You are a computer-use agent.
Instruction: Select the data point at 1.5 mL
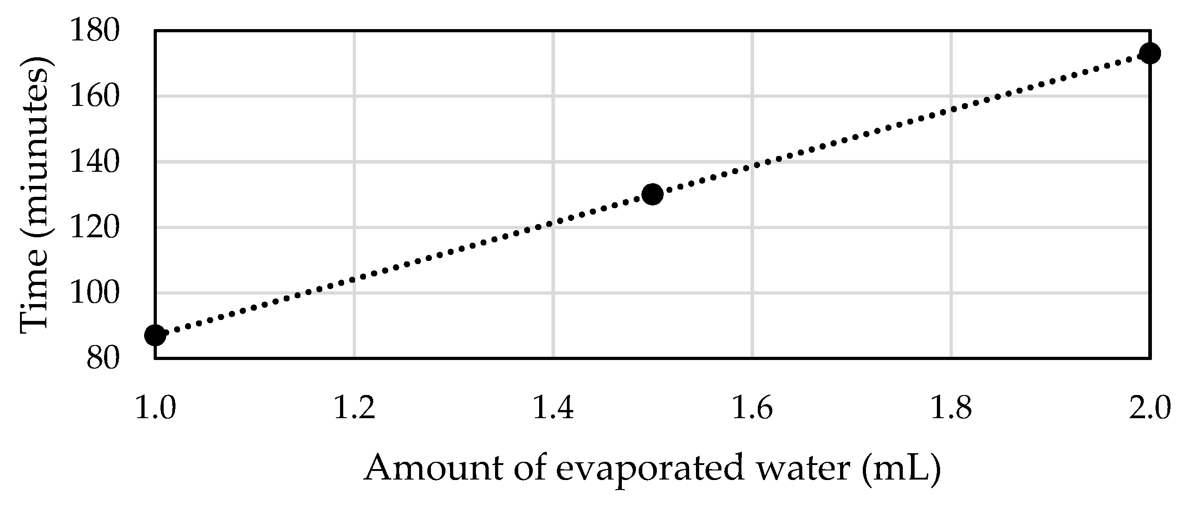(x=652, y=194)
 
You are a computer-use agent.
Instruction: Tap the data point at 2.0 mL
(x=1149, y=53)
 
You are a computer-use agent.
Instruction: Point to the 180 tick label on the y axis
(x=95, y=31)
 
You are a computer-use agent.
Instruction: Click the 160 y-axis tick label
(x=95, y=97)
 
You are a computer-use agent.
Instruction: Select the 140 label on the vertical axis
(x=95, y=162)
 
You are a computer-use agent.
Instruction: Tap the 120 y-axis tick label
(x=95, y=227)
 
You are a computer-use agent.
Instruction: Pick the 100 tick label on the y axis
(x=95, y=293)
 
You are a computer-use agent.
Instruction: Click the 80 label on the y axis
(x=103, y=358)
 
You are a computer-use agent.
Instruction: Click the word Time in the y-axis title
(x=35, y=295)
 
